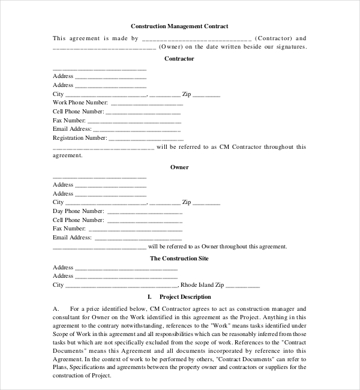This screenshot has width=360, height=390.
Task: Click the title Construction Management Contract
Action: (179, 26)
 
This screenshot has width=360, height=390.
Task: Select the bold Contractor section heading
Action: (179, 59)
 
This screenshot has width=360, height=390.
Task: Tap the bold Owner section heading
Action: (179, 167)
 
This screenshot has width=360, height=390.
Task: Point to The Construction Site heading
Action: (179, 258)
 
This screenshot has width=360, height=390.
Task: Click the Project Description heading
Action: (185, 296)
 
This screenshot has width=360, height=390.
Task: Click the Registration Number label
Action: (80, 137)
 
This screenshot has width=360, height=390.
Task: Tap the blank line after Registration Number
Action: (147, 138)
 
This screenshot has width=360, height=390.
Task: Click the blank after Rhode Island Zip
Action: (242, 286)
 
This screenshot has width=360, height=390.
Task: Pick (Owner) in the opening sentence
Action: (171, 46)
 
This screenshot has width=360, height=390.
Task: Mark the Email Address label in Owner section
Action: (72, 237)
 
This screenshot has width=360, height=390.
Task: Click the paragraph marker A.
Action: (56, 308)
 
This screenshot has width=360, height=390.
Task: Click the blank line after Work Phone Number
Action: (147, 103)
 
